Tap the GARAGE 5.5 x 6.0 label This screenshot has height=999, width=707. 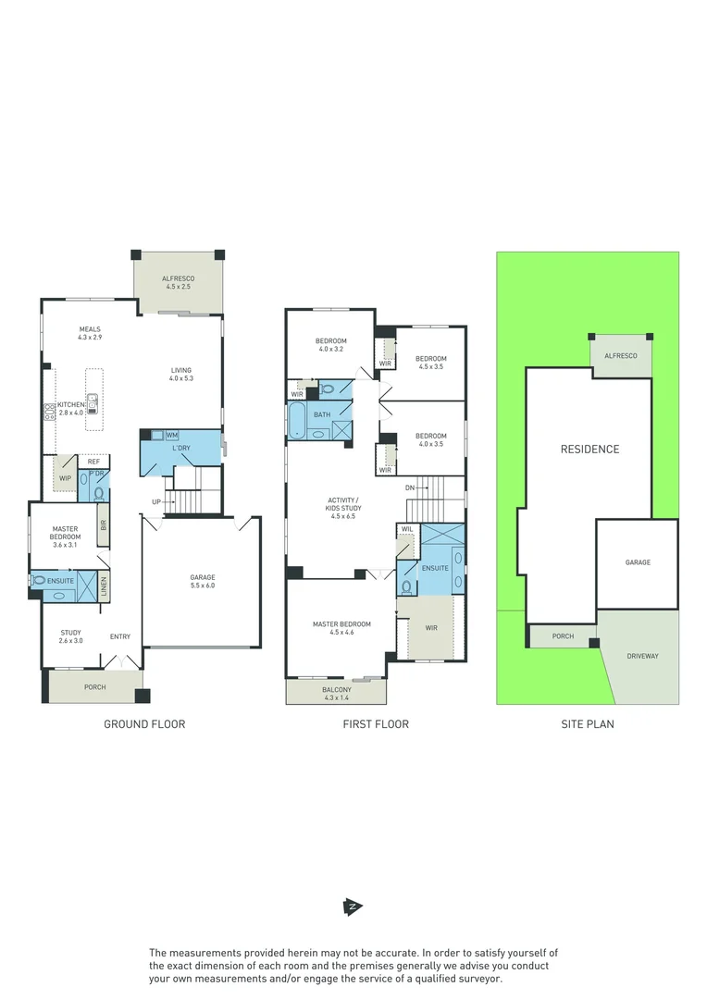click(x=202, y=582)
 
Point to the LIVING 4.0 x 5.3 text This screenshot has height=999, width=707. click(x=180, y=374)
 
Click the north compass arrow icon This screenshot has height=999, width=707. click(x=352, y=907)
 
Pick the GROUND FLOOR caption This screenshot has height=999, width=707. click(x=144, y=724)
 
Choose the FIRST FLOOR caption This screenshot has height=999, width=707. click(x=376, y=724)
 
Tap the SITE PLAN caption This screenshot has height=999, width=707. click(x=588, y=724)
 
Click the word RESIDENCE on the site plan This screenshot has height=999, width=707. click(x=589, y=450)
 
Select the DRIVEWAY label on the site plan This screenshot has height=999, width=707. click(x=642, y=656)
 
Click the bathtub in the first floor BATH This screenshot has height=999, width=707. click(x=297, y=420)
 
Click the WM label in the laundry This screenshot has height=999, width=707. click(x=171, y=435)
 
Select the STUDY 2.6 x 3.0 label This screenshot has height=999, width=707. click(x=71, y=636)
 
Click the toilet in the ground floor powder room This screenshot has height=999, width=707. click(x=99, y=493)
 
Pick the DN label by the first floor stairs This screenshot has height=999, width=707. click(x=410, y=487)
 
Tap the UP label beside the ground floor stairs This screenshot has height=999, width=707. click(x=158, y=502)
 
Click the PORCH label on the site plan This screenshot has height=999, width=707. click(x=563, y=636)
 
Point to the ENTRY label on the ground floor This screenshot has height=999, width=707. click(x=120, y=636)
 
